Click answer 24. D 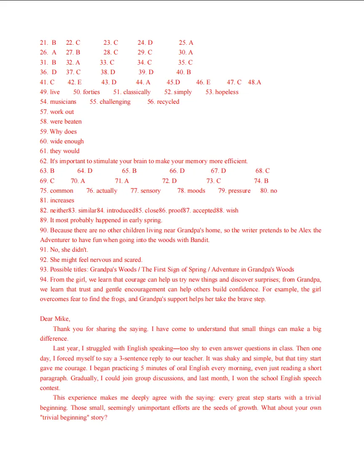click(x=145, y=43)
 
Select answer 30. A click(x=185, y=52)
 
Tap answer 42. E click(x=75, y=82)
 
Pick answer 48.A click(x=254, y=82)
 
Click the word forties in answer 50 click(x=91, y=92)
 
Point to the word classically click(x=137, y=92)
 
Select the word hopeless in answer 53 click(x=227, y=92)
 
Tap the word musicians click(x=63, y=102)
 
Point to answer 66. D click(x=177, y=171)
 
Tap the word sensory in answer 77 click(x=150, y=191)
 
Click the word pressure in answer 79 click(x=239, y=191)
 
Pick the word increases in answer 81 click(x=62, y=200)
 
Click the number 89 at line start click(x=43, y=220)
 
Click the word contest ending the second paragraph click(x=50, y=388)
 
